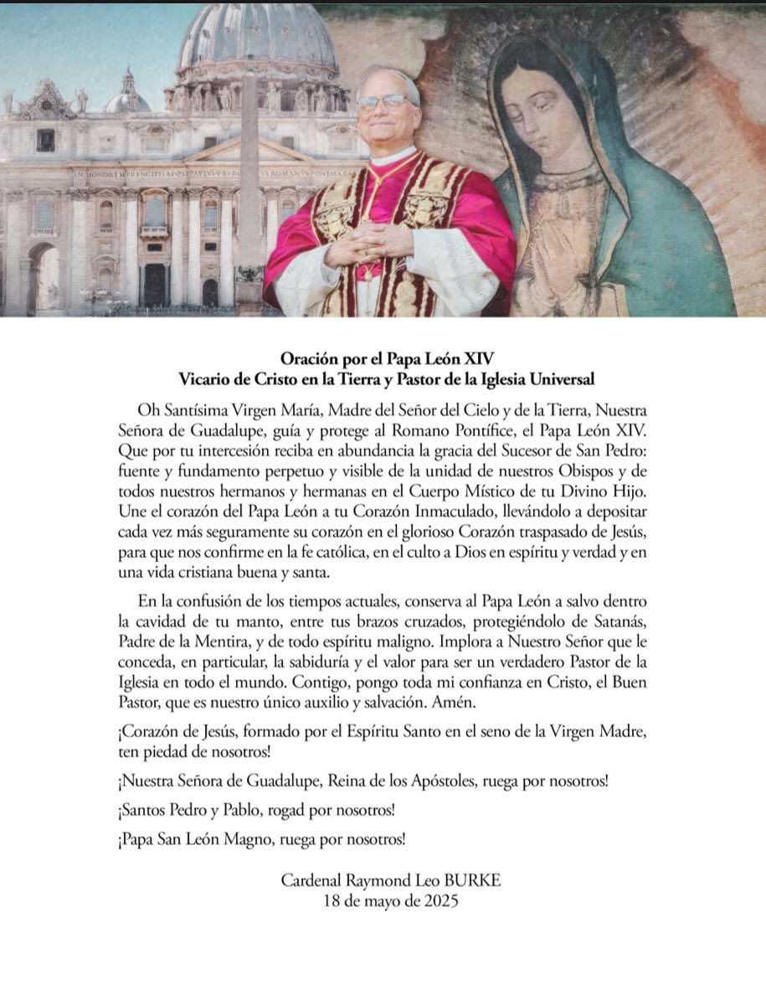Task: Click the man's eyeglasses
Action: click(x=386, y=102)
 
